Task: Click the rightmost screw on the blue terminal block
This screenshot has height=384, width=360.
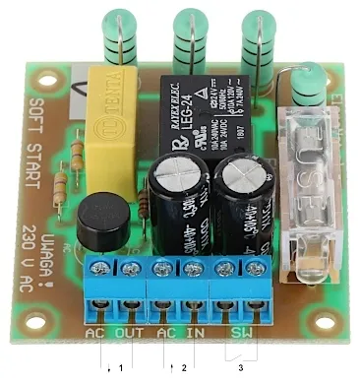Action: [x=257, y=267]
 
